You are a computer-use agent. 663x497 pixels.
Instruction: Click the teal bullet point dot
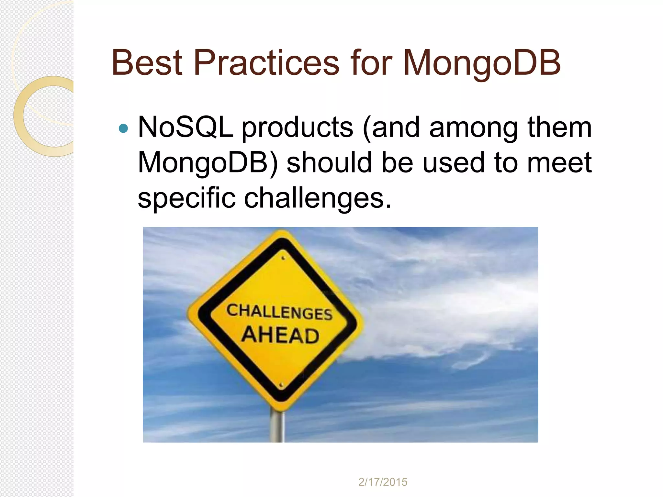[x=123, y=129]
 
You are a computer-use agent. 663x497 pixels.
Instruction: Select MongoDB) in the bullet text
[x=208, y=163]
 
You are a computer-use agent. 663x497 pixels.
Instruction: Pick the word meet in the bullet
[x=559, y=162]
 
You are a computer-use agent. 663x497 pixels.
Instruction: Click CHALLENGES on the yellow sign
[x=279, y=312]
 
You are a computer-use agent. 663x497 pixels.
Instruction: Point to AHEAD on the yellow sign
[x=280, y=335]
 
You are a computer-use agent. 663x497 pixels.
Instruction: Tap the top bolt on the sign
[x=283, y=258]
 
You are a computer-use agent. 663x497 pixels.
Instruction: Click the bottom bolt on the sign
[x=281, y=385]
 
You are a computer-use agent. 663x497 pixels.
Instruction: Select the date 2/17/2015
[x=383, y=482]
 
